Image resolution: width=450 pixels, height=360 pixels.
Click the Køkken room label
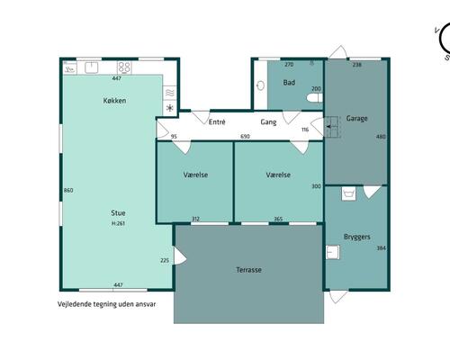pos(114,101)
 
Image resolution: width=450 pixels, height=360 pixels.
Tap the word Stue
pos(118,213)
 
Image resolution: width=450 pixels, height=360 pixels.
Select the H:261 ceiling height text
pos(118,223)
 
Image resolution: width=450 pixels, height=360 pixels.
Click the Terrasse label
pos(248,270)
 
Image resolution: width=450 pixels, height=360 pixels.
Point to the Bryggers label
pos(356,237)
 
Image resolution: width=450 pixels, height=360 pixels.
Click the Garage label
pos(356,119)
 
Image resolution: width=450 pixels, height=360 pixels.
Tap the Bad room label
pos(289,83)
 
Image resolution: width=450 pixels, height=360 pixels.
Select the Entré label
pos(217,122)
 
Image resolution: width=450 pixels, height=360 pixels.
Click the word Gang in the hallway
pos(268,122)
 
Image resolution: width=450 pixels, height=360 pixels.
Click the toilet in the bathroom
pos(314,98)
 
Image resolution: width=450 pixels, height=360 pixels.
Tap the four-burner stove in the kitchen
pos(124,67)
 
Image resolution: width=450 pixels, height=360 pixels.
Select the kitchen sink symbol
pos(92,67)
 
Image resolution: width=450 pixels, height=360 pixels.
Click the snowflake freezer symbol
pos(170,108)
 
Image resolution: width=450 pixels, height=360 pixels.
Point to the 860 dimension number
pos(68,190)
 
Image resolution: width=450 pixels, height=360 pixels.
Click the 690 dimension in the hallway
pos(245,137)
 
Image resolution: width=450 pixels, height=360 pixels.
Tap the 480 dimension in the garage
pos(381,137)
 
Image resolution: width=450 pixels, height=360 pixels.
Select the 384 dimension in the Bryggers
pos(381,248)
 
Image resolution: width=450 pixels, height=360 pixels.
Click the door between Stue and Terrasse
pos(180,256)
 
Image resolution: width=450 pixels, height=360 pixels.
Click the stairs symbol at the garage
pos(332,127)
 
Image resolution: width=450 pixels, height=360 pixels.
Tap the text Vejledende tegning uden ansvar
pos(107,304)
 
